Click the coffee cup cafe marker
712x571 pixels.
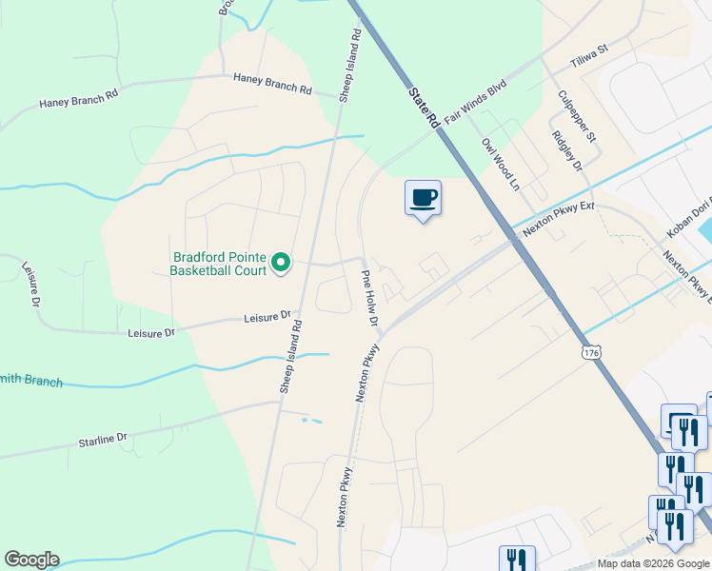click(x=424, y=198)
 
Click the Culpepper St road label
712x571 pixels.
click(x=577, y=116)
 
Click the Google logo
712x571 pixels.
click(x=31, y=560)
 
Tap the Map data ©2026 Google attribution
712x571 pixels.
click(x=653, y=563)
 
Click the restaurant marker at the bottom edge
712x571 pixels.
click(x=517, y=559)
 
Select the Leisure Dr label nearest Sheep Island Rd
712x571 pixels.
click(x=266, y=316)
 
